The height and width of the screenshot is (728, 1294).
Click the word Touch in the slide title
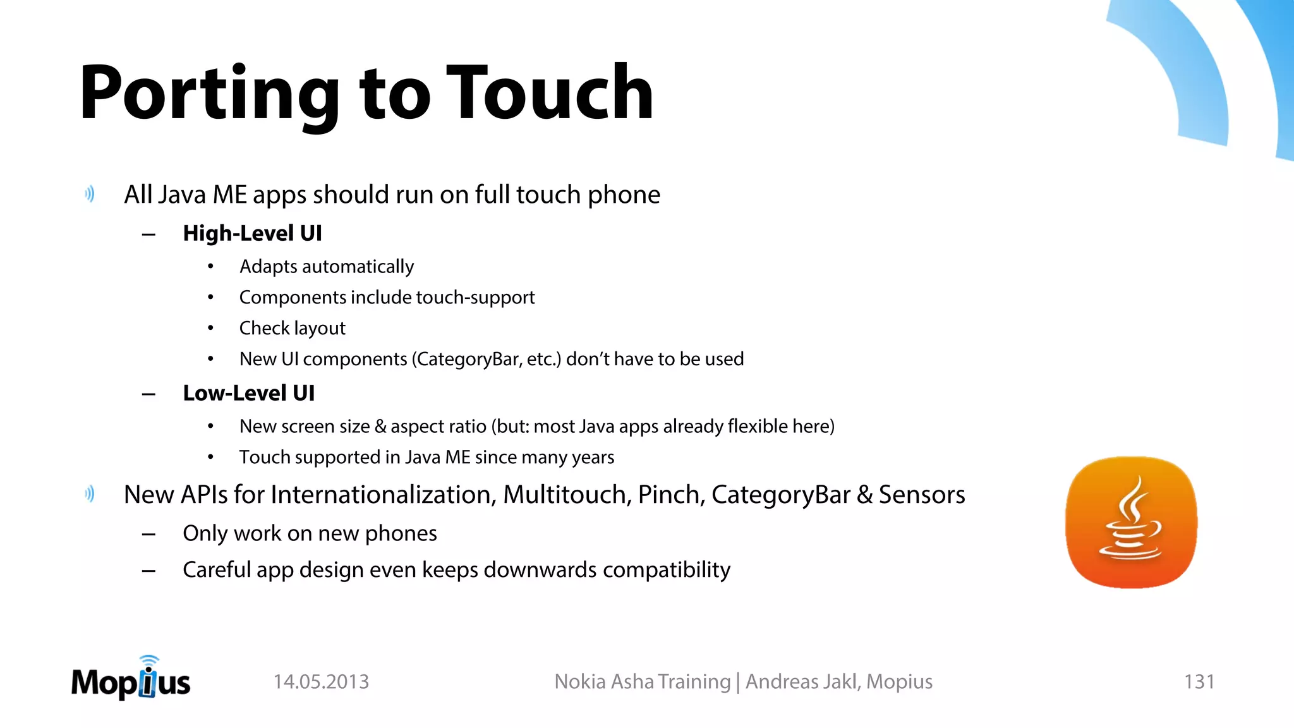(x=550, y=94)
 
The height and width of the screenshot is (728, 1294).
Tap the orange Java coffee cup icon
(x=1131, y=522)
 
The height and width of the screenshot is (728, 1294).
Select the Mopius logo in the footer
(x=131, y=679)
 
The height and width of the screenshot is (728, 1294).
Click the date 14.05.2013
(x=321, y=682)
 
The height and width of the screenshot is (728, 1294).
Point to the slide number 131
(x=1199, y=682)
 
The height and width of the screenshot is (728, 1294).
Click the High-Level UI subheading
(x=252, y=233)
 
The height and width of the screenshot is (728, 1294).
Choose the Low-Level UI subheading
(x=248, y=393)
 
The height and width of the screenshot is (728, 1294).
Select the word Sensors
(x=922, y=494)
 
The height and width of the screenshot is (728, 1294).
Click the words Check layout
(x=292, y=328)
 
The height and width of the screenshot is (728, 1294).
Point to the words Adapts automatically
(x=327, y=267)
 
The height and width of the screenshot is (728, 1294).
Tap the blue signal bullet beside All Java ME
(x=90, y=194)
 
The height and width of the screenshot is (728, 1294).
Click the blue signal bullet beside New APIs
(x=90, y=494)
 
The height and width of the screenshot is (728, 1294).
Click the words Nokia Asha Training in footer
(x=642, y=682)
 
